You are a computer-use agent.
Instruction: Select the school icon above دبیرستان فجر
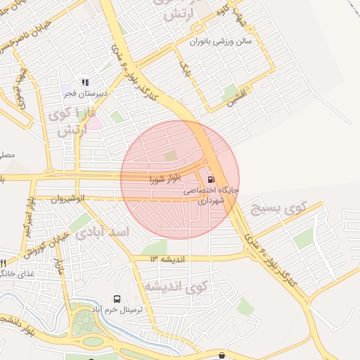coord(86,82)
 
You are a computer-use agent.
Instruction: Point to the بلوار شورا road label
coord(166,179)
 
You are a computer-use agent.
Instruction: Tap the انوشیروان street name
coord(67,199)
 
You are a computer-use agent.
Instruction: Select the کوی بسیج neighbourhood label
coord(279,208)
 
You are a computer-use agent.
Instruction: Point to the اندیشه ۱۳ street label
coord(167,259)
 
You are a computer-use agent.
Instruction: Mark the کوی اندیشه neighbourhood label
coord(176,287)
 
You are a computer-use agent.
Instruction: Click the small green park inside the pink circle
coord(170,156)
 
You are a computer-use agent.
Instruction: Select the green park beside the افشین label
coord(230,91)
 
